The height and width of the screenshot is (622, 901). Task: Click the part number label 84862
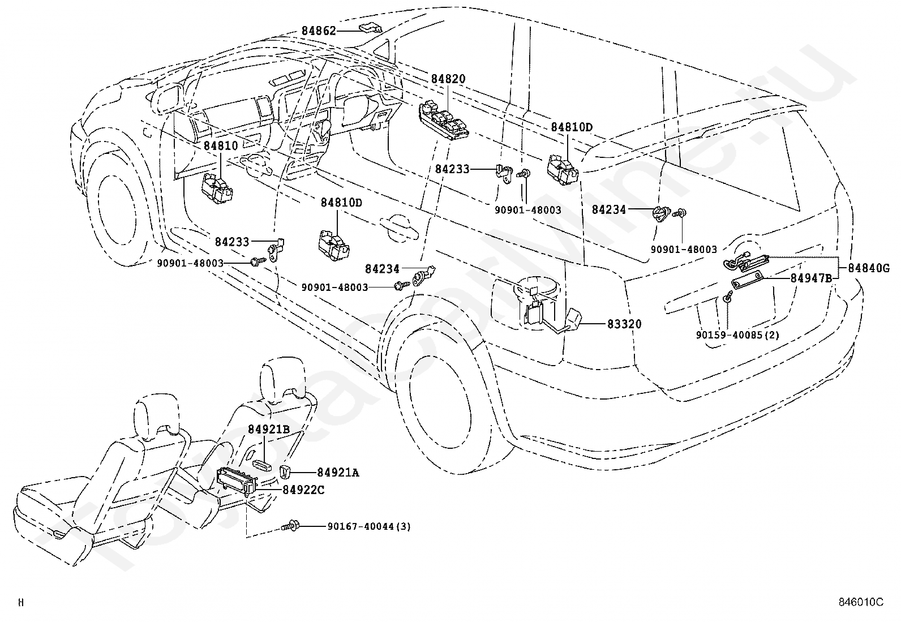coord(319,31)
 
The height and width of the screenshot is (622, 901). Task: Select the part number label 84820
coord(448,79)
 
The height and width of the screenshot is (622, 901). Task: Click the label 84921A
coord(338,473)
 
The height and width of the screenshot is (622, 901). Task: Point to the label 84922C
coord(303,490)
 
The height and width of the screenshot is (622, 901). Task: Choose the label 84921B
coord(269,429)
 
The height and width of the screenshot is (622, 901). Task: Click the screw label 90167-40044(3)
coord(369,526)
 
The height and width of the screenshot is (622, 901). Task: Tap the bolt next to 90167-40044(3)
coord(290,525)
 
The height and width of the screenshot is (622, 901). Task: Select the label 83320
coord(624,324)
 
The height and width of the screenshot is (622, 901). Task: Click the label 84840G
coord(869,268)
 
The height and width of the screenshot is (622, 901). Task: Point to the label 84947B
coord(811,278)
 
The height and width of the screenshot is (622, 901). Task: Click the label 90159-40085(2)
coord(737,334)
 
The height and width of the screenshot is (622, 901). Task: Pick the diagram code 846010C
coord(861,602)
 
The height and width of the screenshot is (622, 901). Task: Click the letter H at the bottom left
coord(21,602)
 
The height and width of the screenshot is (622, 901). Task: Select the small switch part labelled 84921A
coord(285,471)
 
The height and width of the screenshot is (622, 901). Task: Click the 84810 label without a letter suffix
coord(221,145)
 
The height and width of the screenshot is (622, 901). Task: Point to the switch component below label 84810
coord(217,188)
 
